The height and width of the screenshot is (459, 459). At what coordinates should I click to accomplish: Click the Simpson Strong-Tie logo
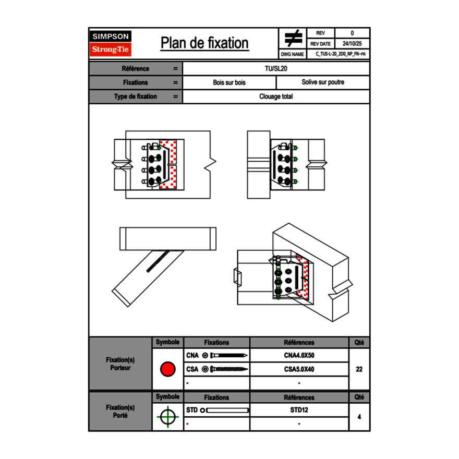tap(111, 43)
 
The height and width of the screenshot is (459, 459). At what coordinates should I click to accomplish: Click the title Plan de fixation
tap(204, 43)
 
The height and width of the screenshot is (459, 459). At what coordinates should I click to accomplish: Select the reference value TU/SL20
tap(276, 68)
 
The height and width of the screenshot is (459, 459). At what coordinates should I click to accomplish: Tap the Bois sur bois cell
tap(229, 82)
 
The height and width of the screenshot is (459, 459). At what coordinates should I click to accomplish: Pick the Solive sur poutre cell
tap(323, 82)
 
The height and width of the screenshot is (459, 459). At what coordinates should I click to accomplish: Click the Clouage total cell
tap(276, 96)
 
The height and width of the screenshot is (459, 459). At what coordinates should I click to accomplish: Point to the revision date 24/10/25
tap(352, 44)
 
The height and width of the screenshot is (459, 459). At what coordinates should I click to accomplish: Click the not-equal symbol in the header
tap(293, 38)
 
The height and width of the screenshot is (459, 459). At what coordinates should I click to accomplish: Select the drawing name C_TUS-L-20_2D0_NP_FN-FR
tap(341, 54)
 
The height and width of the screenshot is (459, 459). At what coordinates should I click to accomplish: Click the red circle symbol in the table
tap(167, 369)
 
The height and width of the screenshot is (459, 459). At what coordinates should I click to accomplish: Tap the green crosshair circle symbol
tap(167, 417)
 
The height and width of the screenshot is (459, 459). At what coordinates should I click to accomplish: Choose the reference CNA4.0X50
tap(299, 356)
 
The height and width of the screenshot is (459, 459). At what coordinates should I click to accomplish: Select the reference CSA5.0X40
tap(299, 369)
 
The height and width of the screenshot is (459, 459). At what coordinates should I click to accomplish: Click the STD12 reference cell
tap(299, 410)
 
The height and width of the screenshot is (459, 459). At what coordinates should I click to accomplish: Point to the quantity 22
tap(359, 369)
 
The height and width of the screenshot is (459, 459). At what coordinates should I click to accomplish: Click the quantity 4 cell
tap(359, 417)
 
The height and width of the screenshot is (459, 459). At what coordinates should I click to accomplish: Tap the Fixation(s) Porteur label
tap(120, 364)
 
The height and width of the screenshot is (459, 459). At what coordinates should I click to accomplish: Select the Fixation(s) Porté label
tap(120, 412)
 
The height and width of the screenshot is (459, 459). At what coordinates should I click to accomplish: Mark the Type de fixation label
tap(136, 96)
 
